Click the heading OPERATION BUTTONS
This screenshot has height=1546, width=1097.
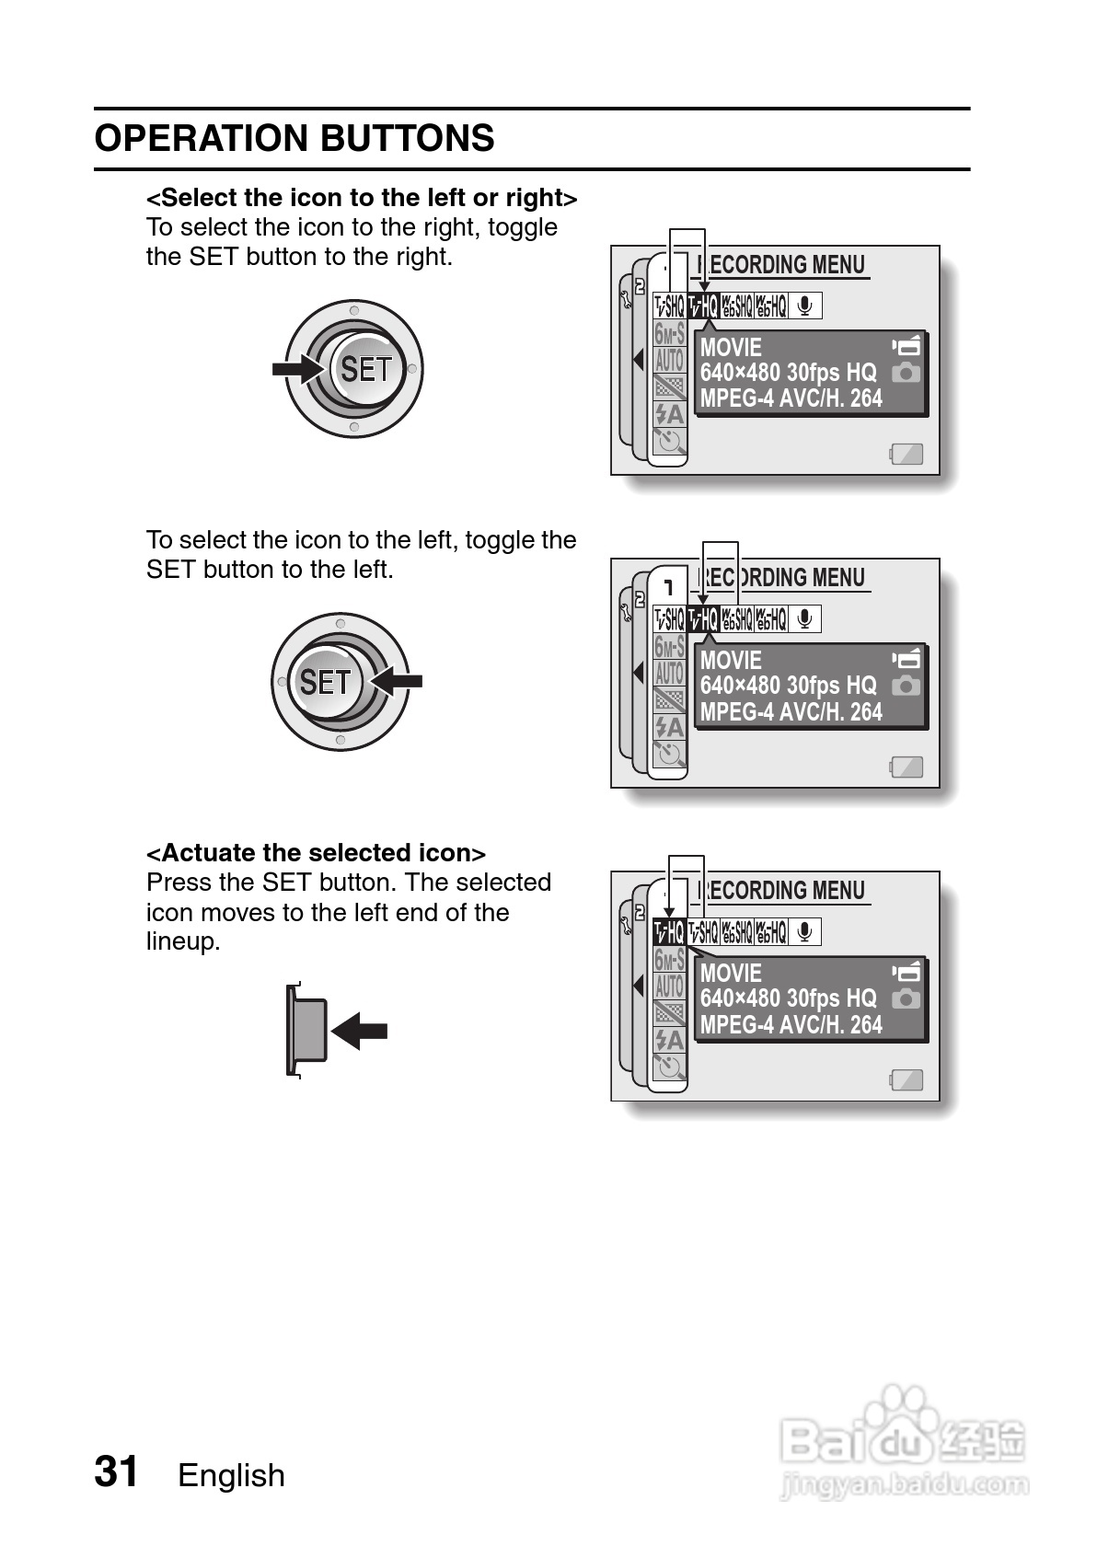294,138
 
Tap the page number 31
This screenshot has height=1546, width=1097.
117,1471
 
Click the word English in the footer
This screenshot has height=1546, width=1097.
231,1475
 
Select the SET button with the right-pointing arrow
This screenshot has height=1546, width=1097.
365,369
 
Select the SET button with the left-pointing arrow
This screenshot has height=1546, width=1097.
326,682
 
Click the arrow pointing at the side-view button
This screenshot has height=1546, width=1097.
360,1031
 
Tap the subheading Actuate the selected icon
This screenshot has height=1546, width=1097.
316,852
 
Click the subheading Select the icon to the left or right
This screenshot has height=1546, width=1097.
362,197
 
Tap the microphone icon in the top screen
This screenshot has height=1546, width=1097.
805,306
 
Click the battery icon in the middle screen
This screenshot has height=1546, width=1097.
906,767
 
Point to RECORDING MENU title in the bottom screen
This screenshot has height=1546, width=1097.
782,891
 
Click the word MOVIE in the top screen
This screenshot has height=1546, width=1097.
732,347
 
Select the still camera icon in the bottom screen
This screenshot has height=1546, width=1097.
906,998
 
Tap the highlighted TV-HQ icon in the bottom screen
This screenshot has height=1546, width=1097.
669,932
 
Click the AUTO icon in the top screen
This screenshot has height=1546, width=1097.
670,360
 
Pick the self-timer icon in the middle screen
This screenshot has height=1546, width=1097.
670,755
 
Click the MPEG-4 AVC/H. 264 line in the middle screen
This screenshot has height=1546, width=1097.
791,711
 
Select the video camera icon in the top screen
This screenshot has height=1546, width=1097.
906,346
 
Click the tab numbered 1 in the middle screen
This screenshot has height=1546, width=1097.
669,586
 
